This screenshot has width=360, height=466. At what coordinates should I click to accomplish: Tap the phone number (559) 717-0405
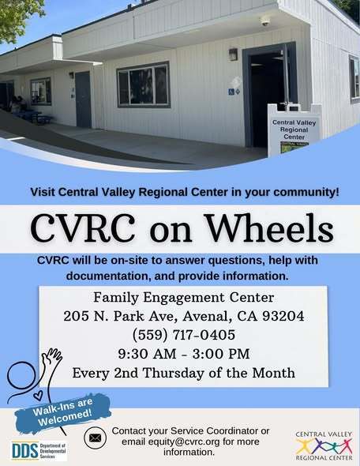coord(183,334)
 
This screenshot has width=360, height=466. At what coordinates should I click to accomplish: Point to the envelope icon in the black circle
coord(95,437)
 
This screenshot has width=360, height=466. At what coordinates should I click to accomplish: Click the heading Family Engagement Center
coord(183,298)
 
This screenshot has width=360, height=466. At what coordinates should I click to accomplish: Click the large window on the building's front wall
coord(143,85)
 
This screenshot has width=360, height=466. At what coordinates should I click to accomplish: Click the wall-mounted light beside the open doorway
coord(233,54)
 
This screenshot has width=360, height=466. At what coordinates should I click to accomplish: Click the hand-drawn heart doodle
coord(38,394)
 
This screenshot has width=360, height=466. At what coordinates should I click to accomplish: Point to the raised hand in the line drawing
coord(53,356)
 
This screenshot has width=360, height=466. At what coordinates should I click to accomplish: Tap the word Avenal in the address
coord(206,316)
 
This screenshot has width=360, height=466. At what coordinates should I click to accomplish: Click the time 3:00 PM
coord(220,353)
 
